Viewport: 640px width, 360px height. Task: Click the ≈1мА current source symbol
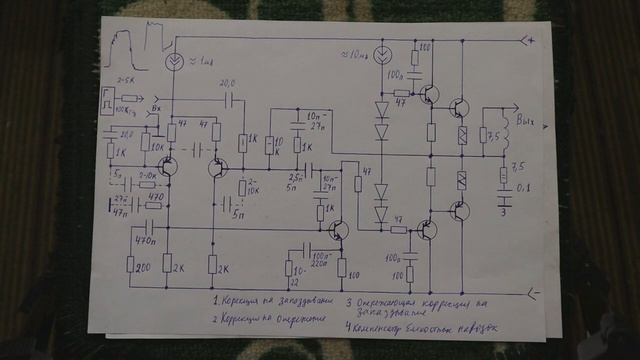pyautogui.click(x=176, y=59)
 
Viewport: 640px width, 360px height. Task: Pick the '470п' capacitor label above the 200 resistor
pyautogui.click(x=145, y=240)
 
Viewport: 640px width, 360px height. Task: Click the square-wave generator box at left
pyautogui.click(x=108, y=100)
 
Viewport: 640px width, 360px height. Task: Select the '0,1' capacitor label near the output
pyautogui.click(x=519, y=187)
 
